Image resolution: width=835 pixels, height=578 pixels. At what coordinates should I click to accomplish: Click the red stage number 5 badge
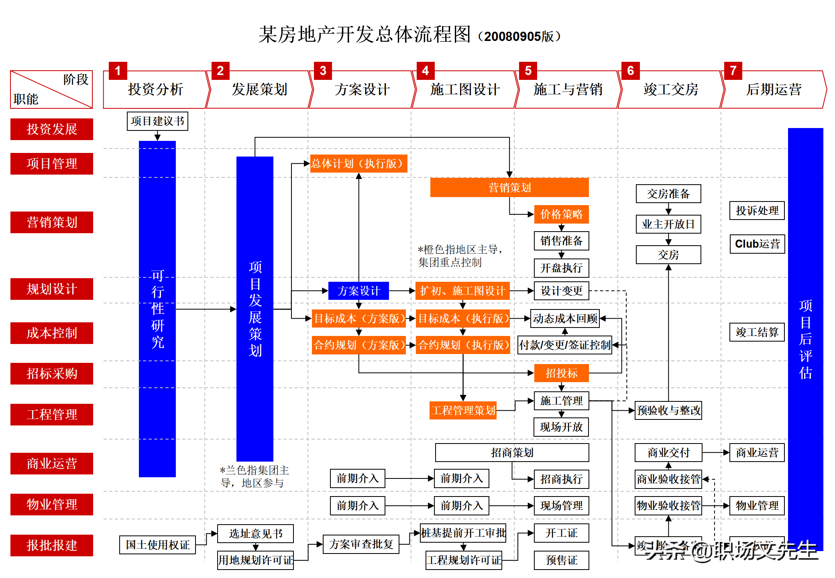[x=528, y=71]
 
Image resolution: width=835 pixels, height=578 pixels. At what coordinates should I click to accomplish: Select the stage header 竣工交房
[x=671, y=90]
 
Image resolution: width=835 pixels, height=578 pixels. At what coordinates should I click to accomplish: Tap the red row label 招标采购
[x=52, y=374]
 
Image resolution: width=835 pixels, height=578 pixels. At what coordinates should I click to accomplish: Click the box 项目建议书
[x=157, y=121]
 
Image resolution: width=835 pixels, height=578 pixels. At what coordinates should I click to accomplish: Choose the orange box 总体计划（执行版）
[x=358, y=164]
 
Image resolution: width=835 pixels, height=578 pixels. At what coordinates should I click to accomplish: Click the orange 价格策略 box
[x=561, y=214]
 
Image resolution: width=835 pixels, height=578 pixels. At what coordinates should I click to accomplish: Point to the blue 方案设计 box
[x=358, y=291]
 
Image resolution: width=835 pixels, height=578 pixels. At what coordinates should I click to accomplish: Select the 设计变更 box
[x=561, y=291]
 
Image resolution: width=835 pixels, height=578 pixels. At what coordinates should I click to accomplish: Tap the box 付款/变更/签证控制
[x=564, y=345]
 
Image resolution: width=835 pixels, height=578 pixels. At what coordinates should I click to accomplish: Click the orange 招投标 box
[x=561, y=373]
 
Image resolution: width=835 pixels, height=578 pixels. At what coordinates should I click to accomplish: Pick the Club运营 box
[x=757, y=244]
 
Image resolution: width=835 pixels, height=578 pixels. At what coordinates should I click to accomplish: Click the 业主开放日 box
[x=668, y=224]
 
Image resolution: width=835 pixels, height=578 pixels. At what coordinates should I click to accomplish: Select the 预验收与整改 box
[x=668, y=410]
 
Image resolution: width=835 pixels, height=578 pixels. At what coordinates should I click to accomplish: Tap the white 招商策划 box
[x=512, y=453]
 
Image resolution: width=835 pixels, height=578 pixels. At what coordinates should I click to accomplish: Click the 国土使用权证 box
[x=157, y=545]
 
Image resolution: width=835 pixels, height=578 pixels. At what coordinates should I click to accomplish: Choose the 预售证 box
[x=561, y=560]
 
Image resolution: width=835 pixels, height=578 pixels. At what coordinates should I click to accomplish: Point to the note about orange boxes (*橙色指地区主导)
[x=460, y=256]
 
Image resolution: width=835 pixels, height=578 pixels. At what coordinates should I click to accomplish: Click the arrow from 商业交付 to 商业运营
[x=716, y=453]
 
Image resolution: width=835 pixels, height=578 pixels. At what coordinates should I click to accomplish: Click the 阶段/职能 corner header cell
[x=51, y=90]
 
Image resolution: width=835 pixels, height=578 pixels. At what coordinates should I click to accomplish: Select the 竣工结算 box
[x=757, y=332]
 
